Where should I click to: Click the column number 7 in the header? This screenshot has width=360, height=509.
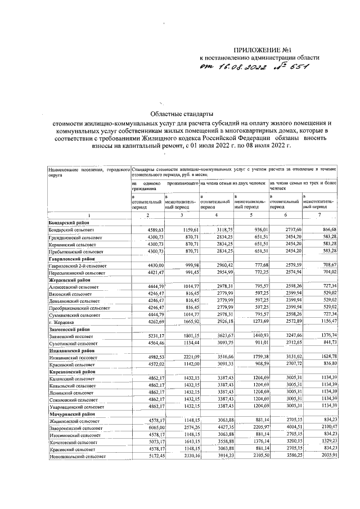tap(319, 216)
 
